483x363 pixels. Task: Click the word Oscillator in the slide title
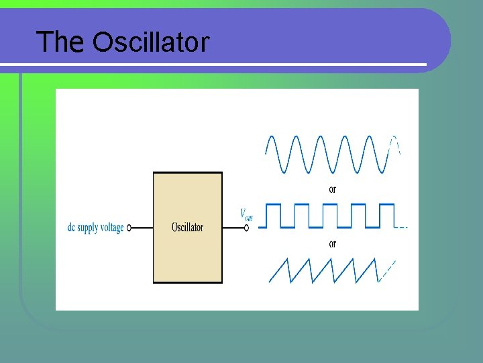151,42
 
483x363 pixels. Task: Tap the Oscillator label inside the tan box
187,227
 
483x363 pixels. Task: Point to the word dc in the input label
72,228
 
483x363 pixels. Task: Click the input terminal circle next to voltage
129,228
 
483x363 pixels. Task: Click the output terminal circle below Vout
246,228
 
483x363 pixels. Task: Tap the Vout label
246,214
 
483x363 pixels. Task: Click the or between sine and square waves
333,189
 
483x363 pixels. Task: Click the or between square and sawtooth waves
333,243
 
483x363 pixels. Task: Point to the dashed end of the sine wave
396,144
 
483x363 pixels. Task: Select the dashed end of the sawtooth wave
387,270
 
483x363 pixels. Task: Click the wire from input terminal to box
142,228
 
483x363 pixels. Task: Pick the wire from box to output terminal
233,228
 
